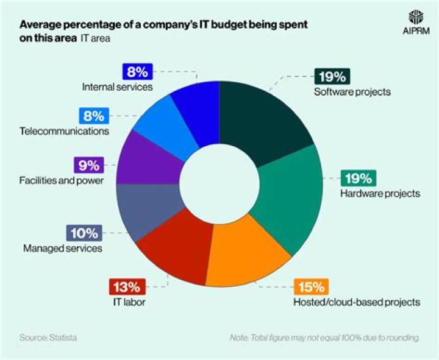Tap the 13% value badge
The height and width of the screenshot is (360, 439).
coord(126,286)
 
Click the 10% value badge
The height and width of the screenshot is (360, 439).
coord(83,233)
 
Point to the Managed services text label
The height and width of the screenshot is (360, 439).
coord(63,248)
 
